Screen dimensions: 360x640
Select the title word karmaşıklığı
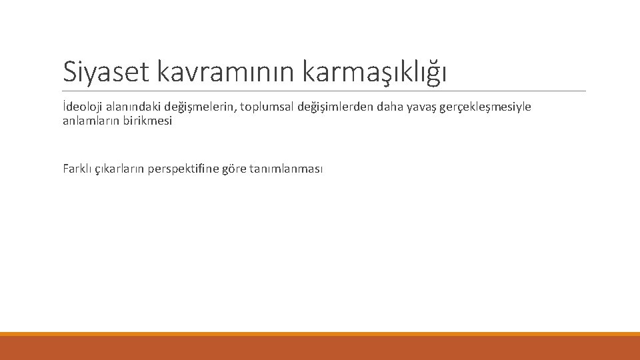click(x=374, y=71)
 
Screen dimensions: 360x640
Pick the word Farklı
click(x=77, y=169)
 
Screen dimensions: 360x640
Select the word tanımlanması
click(x=287, y=169)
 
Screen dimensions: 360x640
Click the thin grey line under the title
click(x=324, y=91)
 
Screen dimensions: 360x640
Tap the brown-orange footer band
click(x=320, y=348)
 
